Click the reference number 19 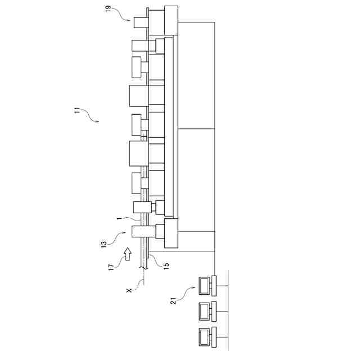pyautogui.click(x=108, y=9)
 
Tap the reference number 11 pyautogui.click(x=77, y=110)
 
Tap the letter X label pyautogui.click(x=129, y=290)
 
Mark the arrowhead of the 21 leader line pyautogui.click(x=194, y=287)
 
